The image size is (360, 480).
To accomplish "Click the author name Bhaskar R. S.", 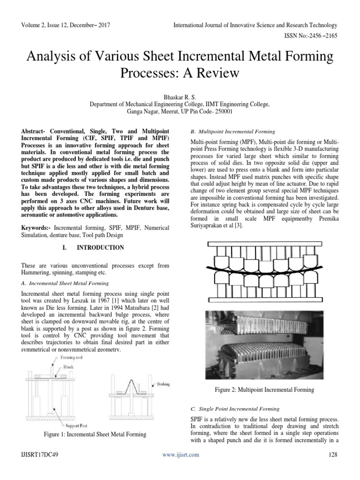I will click(x=180, y=95).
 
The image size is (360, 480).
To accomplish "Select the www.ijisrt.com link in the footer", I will click(x=180, y=455).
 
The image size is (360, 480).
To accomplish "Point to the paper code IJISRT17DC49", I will click(x=41, y=455).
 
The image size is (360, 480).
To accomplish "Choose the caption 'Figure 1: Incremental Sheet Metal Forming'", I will click(x=95, y=435).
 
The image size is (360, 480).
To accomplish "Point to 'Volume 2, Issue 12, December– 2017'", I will click(x=69, y=25).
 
